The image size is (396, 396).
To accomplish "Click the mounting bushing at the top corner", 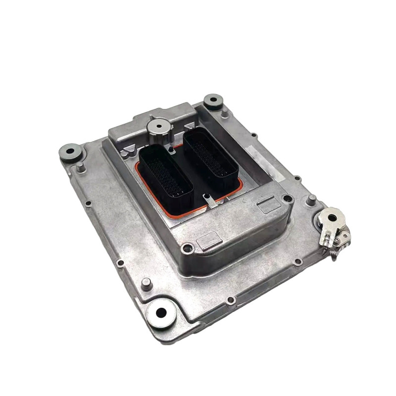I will pos(213,100).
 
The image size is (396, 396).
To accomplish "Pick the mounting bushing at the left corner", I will pos(69,150).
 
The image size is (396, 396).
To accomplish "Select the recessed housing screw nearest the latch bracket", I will pos(287,199).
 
